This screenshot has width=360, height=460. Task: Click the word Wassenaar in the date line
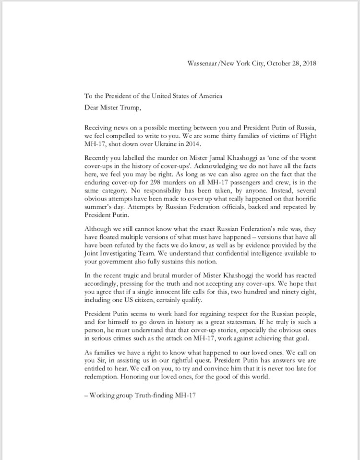(201, 63)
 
